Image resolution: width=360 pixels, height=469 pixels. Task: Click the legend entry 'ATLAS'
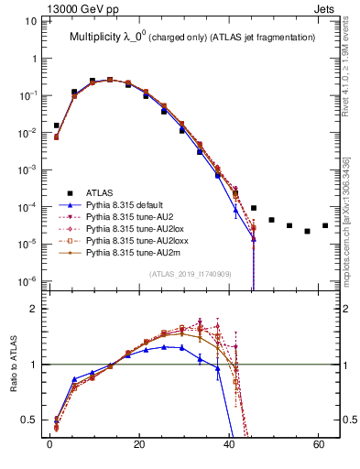tap(101, 192)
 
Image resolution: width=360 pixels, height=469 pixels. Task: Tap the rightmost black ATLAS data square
tap(325, 225)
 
